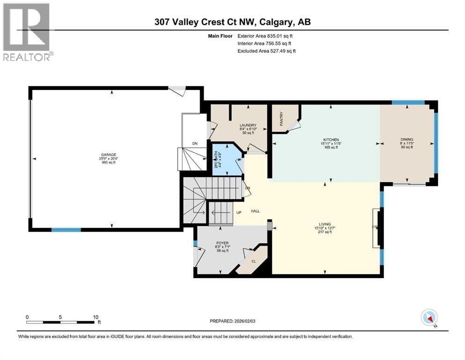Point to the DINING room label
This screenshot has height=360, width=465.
(x=406, y=139)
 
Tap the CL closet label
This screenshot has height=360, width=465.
(x=254, y=262)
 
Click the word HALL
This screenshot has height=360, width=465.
(x=255, y=211)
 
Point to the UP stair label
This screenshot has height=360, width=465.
(x=238, y=212)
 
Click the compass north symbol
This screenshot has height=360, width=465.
(x=429, y=317)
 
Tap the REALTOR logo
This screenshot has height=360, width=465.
(x=27, y=32)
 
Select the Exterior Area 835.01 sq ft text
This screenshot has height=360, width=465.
(x=267, y=36)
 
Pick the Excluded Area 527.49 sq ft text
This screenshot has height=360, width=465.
(x=267, y=51)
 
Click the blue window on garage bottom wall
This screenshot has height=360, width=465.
(x=66, y=230)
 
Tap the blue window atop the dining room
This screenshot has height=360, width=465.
(x=408, y=102)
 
